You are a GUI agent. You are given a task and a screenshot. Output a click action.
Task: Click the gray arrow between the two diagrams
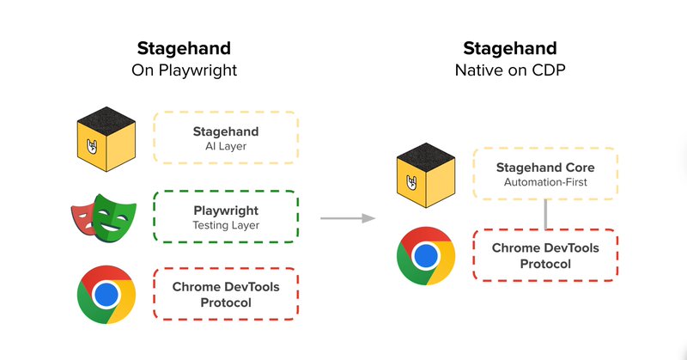point(348,219)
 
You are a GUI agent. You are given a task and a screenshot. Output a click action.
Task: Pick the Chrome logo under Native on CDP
point(425,256)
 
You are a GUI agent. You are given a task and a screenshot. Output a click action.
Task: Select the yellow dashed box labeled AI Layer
point(226,138)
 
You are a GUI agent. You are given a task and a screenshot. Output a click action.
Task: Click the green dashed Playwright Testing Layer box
point(226,216)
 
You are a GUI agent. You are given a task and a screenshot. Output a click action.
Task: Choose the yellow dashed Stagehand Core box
point(544,174)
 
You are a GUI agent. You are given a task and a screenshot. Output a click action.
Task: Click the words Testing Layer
point(226,225)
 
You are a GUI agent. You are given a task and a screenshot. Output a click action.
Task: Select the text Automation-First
point(544,183)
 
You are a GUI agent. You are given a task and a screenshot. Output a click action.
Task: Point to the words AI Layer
point(226,147)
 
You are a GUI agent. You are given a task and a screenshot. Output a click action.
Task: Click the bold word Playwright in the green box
point(226,209)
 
